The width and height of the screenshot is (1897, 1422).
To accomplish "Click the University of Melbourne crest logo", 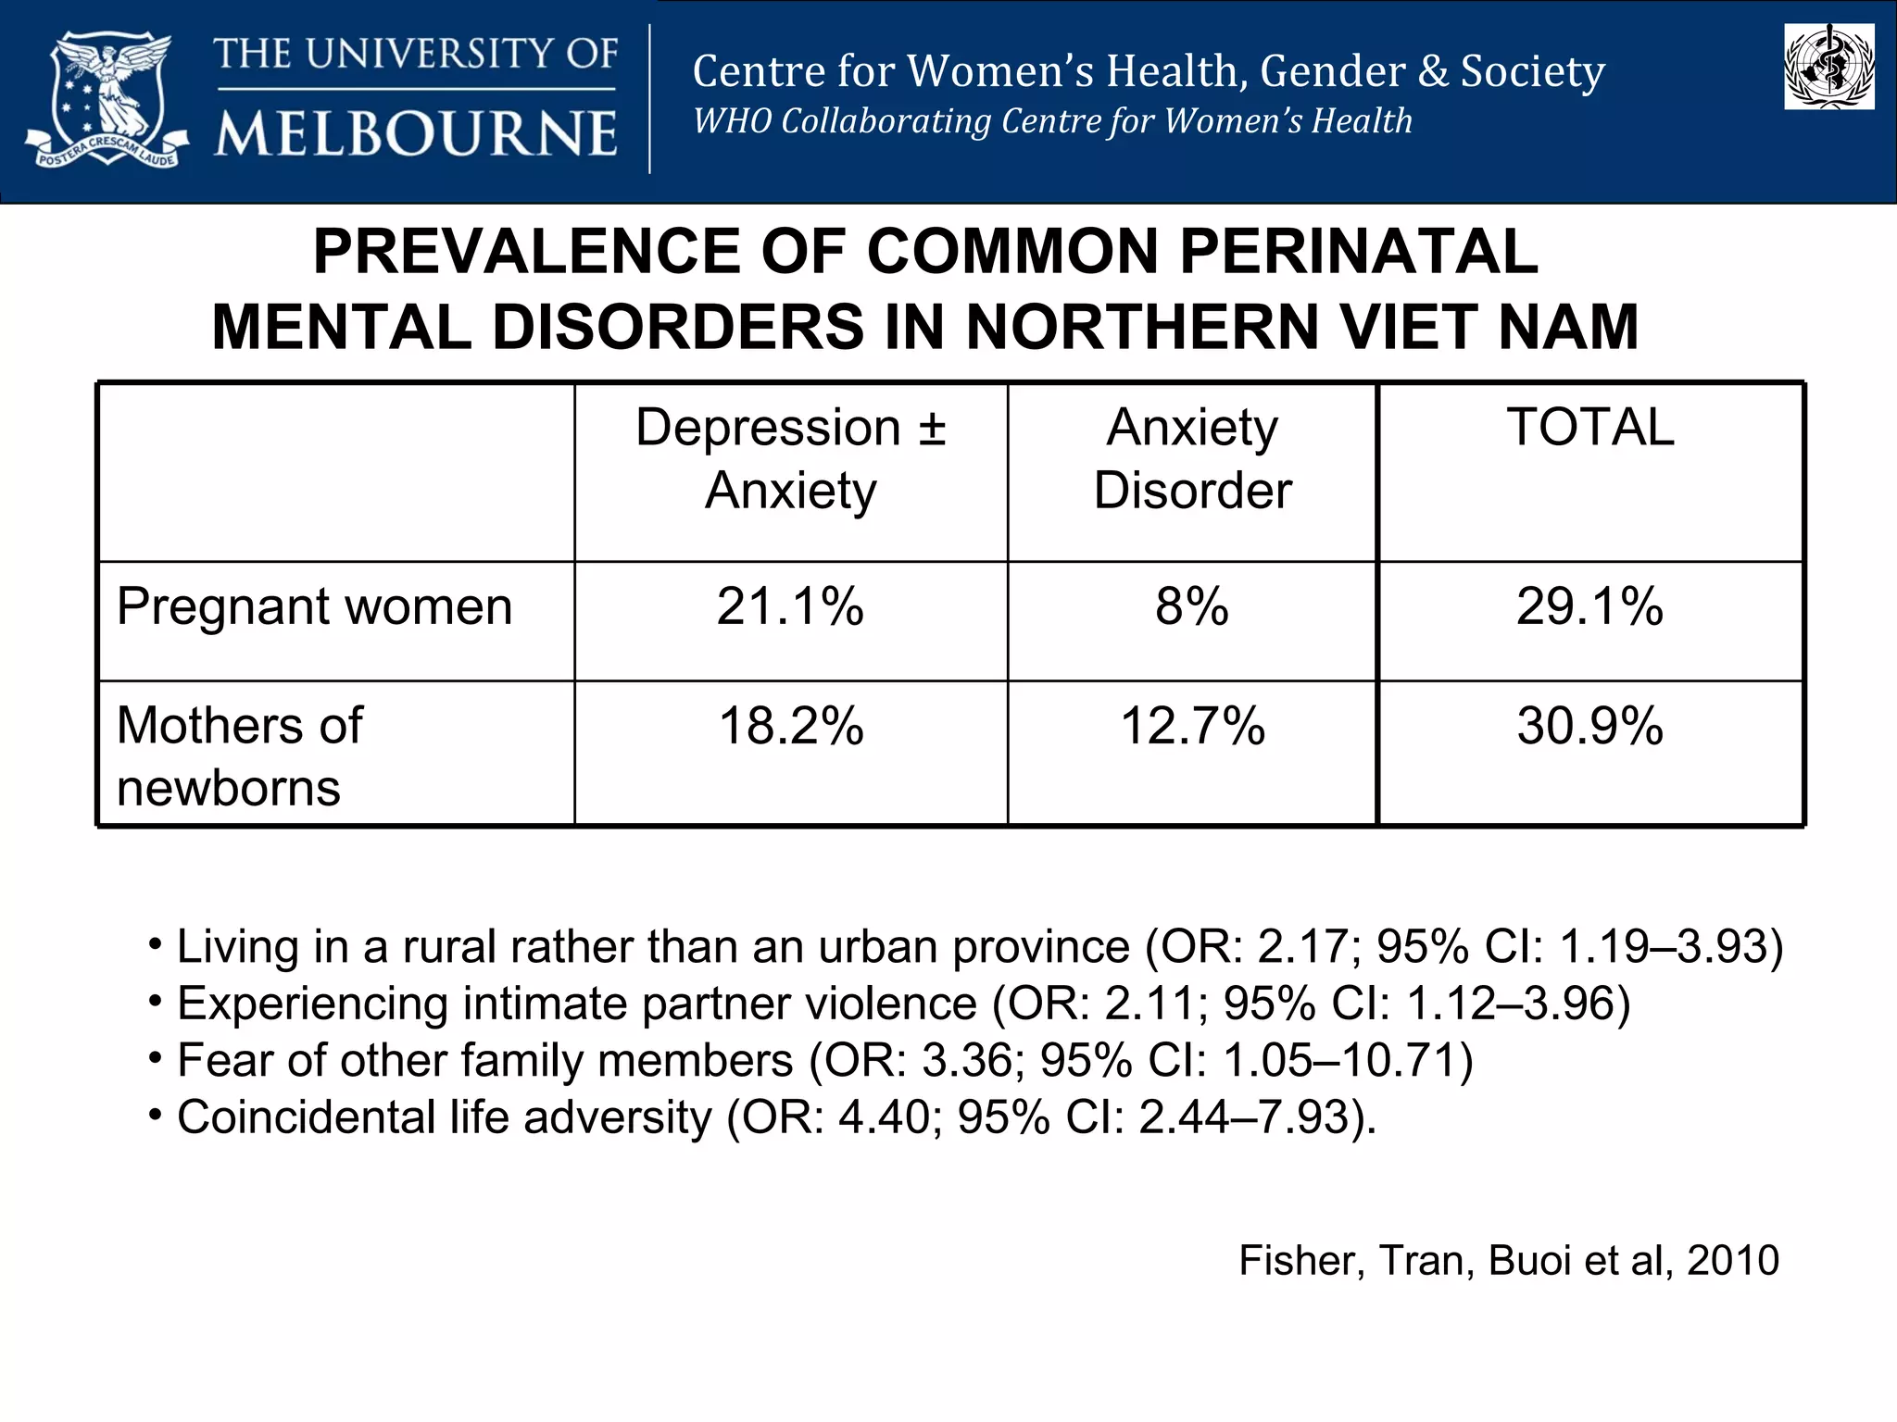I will click(x=107, y=100).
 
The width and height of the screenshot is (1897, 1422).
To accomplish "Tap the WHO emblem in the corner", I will click(x=1828, y=67).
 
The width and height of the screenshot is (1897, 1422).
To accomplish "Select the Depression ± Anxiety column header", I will click(x=790, y=459).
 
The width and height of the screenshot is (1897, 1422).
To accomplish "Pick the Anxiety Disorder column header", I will click(x=1192, y=459).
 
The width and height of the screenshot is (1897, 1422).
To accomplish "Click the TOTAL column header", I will click(x=1589, y=428).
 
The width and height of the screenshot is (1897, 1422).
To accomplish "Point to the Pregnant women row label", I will click(x=314, y=607).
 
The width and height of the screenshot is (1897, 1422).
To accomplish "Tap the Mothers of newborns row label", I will click(x=240, y=755).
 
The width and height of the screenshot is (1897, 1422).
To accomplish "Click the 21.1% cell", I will click(x=790, y=607).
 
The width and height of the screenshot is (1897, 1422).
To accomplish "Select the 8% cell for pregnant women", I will click(x=1192, y=607).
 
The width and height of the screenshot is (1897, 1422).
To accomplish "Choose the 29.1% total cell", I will click(x=1589, y=607).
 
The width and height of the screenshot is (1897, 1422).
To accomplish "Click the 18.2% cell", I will click(x=790, y=726).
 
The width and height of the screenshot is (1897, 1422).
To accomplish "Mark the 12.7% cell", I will click(x=1192, y=726).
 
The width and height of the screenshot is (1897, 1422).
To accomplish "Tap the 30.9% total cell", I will click(x=1589, y=726).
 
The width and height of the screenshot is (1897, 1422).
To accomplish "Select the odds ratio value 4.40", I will click(x=884, y=1117).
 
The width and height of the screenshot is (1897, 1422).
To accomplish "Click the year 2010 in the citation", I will click(x=1732, y=1261).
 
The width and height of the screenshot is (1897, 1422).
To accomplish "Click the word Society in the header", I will click(x=1533, y=72).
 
